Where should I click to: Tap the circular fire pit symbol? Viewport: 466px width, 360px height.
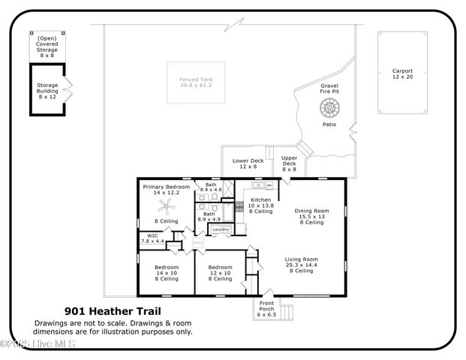click(329, 109)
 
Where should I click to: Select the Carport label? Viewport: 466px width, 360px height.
click(402, 73)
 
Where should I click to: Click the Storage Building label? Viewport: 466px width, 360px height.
click(47, 91)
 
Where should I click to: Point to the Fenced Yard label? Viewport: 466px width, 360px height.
click(195, 82)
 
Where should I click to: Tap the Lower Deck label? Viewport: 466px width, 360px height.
click(248, 163)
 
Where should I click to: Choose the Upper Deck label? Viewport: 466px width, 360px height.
click(289, 163)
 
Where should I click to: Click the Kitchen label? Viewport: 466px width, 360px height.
click(260, 205)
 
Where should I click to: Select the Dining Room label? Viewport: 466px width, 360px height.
click(311, 216)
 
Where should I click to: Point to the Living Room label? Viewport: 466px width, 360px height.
click(301, 264)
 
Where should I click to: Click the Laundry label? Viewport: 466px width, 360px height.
click(221, 229)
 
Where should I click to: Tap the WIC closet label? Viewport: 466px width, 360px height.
click(152, 238)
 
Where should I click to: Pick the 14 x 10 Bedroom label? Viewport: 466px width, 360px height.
click(167, 273)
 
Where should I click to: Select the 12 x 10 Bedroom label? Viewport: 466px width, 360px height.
click(220, 273)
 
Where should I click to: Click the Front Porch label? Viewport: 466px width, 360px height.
click(266, 308)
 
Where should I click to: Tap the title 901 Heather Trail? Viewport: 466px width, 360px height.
click(113, 310)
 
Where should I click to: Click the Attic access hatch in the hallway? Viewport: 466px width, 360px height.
click(198, 244)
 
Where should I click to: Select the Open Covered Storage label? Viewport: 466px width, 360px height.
click(47, 46)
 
